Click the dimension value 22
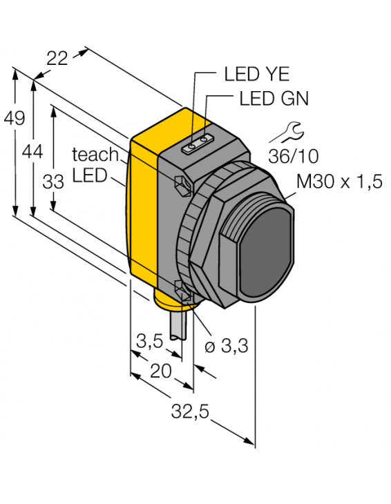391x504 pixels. click(57, 59)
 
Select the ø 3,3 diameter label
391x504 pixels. click(225, 347)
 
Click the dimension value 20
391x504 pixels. click(160, 371)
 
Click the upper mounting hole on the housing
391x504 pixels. click(180, 185)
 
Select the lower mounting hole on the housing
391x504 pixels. click(183, 292)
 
